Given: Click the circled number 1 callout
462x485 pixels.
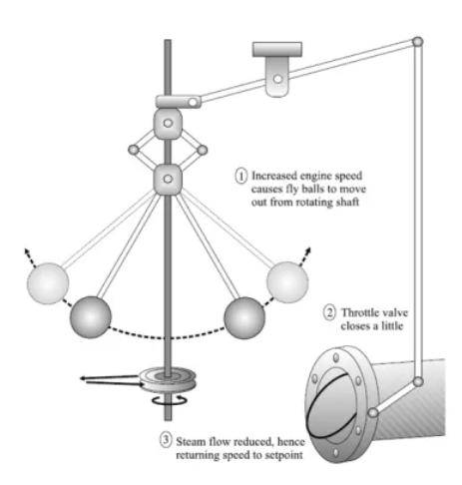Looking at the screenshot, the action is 241,176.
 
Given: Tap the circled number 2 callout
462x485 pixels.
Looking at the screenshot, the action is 329,313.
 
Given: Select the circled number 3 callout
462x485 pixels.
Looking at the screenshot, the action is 166,440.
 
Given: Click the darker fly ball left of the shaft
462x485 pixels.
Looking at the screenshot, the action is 90,317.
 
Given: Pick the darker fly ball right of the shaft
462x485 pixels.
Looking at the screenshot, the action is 244,318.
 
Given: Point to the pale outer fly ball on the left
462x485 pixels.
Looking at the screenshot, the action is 48,283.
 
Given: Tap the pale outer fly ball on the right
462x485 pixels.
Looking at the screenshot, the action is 287,282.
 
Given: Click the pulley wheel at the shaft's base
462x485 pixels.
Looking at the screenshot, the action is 168,379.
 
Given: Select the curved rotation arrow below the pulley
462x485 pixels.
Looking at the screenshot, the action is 170,400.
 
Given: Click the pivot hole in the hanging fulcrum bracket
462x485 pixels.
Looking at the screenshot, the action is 277,79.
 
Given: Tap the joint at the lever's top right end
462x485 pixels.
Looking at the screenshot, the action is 417,42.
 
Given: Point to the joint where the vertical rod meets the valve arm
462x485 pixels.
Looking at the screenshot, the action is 418,381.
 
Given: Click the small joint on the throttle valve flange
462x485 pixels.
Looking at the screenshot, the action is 373,413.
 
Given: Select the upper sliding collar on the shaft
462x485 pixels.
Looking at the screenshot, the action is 168,124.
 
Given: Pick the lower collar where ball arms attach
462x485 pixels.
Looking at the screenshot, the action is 168,179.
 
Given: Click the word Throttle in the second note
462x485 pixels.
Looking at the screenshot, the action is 360,313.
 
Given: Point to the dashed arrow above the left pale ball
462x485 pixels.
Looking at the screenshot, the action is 30,257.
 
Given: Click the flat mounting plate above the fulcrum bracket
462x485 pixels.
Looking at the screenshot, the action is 277,49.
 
